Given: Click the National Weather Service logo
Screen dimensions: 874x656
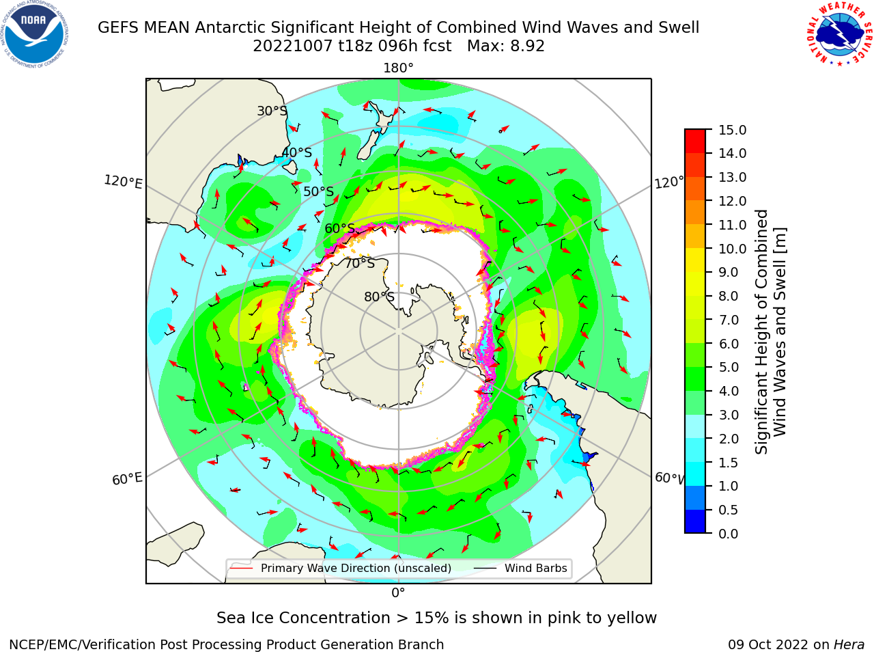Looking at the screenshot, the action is (x=839, y=34).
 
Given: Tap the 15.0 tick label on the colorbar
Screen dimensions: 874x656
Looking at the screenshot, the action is (x=732, y=130).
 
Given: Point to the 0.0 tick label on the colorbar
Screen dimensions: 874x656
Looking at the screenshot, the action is (x=729, y=534).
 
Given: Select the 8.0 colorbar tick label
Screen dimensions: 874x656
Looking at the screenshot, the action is (x=729, y=297).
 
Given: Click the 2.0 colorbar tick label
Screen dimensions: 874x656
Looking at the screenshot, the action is (x=729, y=439).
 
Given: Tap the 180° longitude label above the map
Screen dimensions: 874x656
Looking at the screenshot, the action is (x=398, y=68).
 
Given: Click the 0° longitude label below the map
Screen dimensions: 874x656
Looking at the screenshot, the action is (x=398, y=593).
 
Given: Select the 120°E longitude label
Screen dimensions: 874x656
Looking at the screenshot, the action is (x=123, y=182).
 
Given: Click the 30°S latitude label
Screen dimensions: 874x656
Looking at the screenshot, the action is (x=272, y=111).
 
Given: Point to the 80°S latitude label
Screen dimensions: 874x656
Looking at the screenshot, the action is (x=379, y=297).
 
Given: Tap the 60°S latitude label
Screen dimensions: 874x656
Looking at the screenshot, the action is (x=339, y=229).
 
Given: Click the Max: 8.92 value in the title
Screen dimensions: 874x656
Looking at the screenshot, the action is (x=506, y=46).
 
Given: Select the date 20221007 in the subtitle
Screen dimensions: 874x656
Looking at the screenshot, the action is (x=293, y=46).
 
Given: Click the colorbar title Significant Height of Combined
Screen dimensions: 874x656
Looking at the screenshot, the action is (x=761, y=332).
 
